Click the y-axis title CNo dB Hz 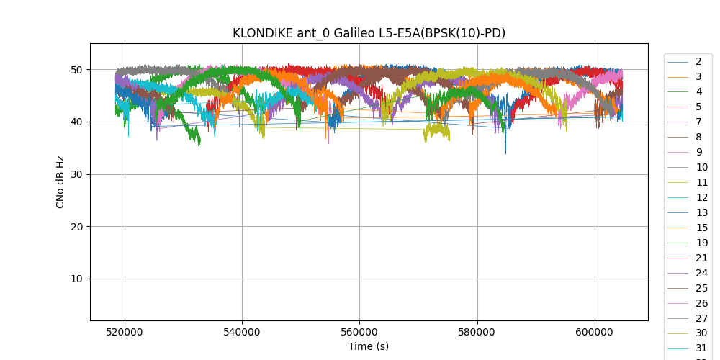pos(60,182)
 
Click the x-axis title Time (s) pos(369,346)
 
